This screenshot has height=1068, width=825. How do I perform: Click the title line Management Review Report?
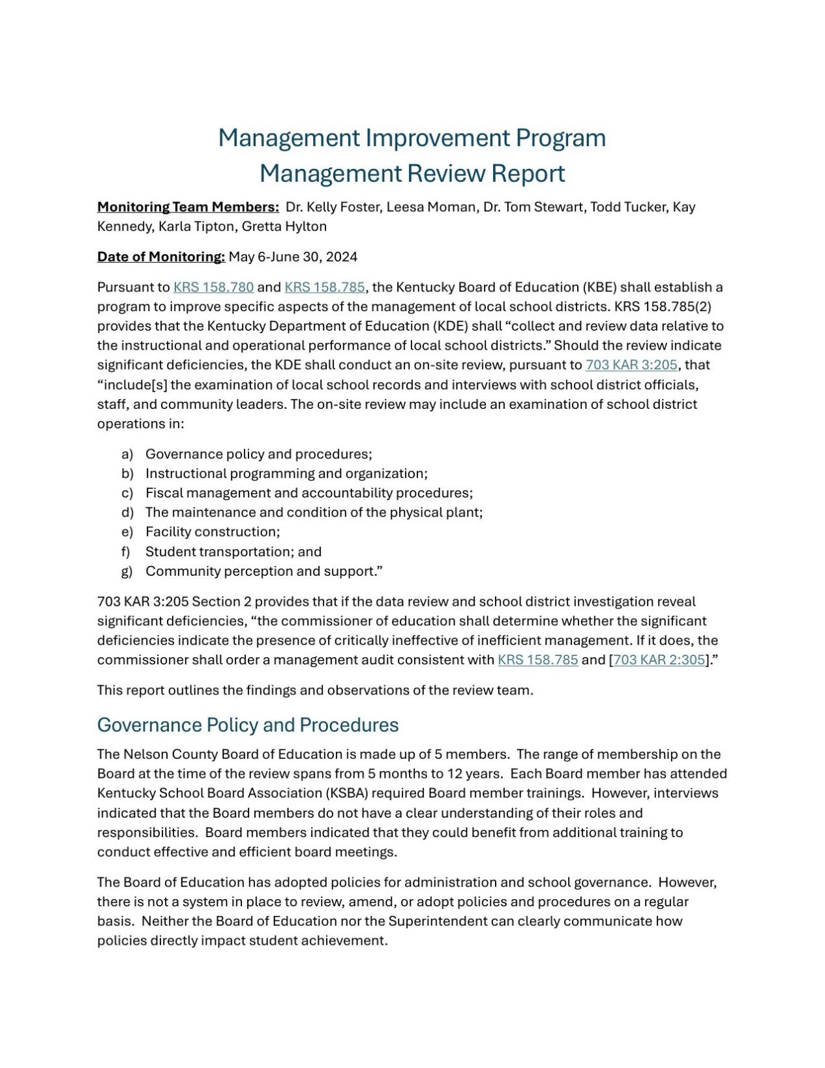point(412,173)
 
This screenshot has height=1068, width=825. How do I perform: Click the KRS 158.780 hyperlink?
point(213,287)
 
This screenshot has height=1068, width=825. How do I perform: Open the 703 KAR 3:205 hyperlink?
point(631,364)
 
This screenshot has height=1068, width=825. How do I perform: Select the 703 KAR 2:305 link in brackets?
point(659,659)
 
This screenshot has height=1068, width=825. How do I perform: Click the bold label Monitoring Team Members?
point(188,207)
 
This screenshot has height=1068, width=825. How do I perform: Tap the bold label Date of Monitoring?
point(160,256)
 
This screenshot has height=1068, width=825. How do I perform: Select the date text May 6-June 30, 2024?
point(293,256)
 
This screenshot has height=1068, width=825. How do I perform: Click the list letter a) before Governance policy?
point(127,454)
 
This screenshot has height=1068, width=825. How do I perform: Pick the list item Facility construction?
point(213,531)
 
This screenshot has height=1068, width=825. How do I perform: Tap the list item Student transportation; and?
point(233,552)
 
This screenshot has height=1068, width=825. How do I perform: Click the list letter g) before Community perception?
point(127,571)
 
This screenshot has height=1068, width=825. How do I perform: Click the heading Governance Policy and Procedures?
point(247,725)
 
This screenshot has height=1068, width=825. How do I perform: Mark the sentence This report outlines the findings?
point(315,690)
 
